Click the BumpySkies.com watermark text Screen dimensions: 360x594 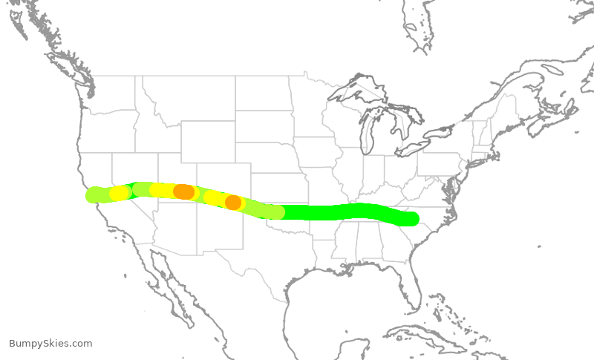[50, 344]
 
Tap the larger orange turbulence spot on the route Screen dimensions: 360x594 [183, 192]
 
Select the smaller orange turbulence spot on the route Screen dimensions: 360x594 [233, 202]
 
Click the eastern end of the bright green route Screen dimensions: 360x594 [411, 218]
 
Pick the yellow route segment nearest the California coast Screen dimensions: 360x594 [119, 193]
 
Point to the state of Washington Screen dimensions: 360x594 [111, 93]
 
